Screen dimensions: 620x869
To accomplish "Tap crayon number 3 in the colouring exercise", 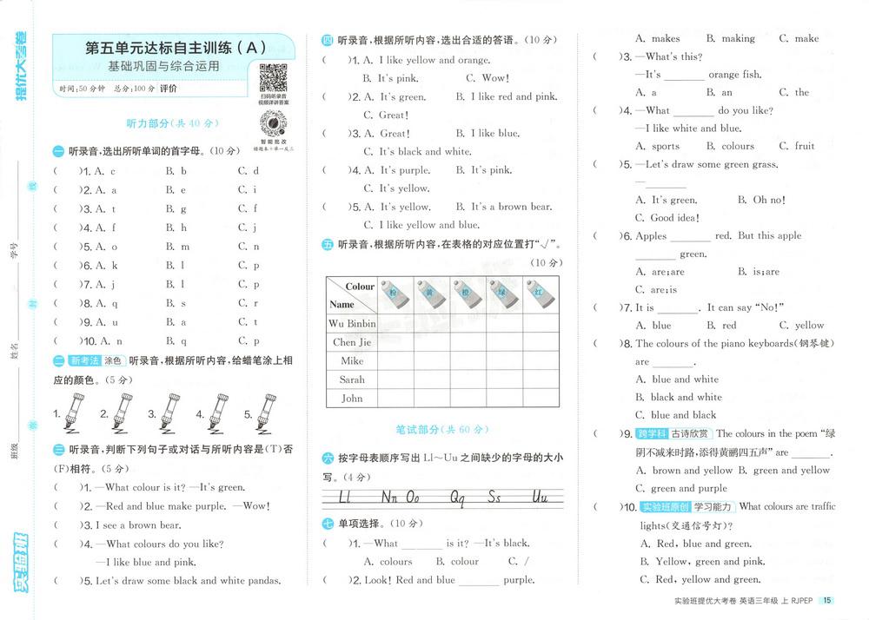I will point(164,416).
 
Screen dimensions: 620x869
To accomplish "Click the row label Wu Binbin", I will point(352,323).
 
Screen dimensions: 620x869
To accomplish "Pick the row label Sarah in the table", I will point(352,379).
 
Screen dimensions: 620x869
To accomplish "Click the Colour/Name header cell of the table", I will point(352,295).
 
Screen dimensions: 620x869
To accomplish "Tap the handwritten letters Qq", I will point(457,498).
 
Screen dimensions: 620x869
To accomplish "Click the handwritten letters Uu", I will point(540,498).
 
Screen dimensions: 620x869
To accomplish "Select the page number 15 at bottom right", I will point(827,600).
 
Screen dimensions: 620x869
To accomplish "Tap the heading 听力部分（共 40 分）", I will point(171,123).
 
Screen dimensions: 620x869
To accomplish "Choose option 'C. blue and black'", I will point(675,415).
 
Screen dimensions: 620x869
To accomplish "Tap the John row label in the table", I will point(352,399).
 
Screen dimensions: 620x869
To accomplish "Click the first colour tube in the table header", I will point(393,294).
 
